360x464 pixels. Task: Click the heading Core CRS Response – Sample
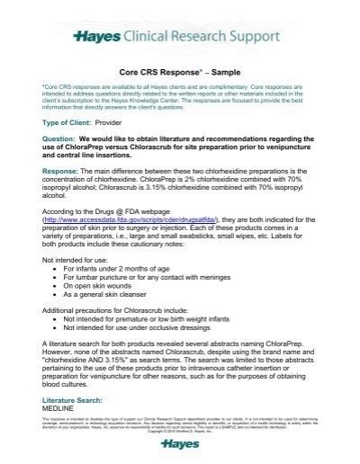180,67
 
